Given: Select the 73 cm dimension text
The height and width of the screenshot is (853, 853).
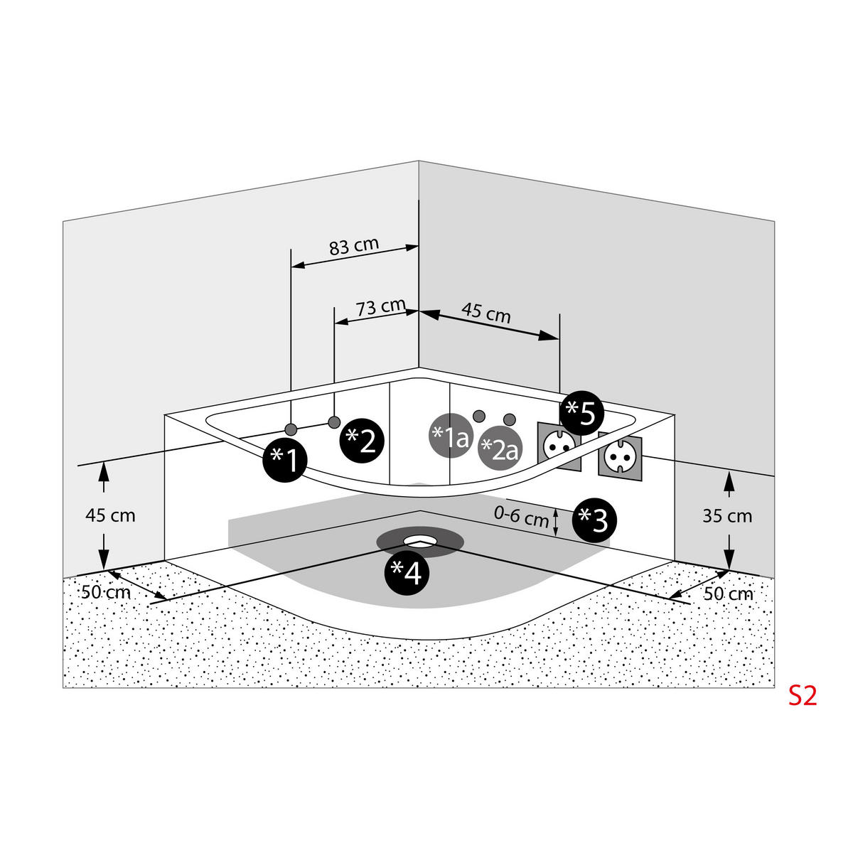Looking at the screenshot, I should (x=380, y=307).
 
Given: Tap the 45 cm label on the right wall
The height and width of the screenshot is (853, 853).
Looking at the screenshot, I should (x=485, y=313).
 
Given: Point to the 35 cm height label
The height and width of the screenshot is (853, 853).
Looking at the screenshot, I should (x=727, y=516).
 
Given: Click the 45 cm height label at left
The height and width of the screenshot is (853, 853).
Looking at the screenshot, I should (x=110, y=515).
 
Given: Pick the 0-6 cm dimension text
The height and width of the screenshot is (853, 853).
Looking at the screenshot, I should (x=522, y=516).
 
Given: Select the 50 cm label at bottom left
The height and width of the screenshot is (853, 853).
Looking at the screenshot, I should (x=106, y=591).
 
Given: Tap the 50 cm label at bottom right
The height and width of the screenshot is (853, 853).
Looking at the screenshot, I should (x=728, y=593).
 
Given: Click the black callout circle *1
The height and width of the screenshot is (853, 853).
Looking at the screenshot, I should (x=285, y=461).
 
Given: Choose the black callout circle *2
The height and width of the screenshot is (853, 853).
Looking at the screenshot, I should (x=362, y=441).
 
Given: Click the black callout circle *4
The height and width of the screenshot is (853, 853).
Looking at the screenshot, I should (x=407, y=572).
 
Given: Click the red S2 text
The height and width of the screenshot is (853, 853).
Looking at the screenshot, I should (x=803, y=696).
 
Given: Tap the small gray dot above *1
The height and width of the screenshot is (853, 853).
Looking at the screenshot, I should (x=290, y=429).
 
